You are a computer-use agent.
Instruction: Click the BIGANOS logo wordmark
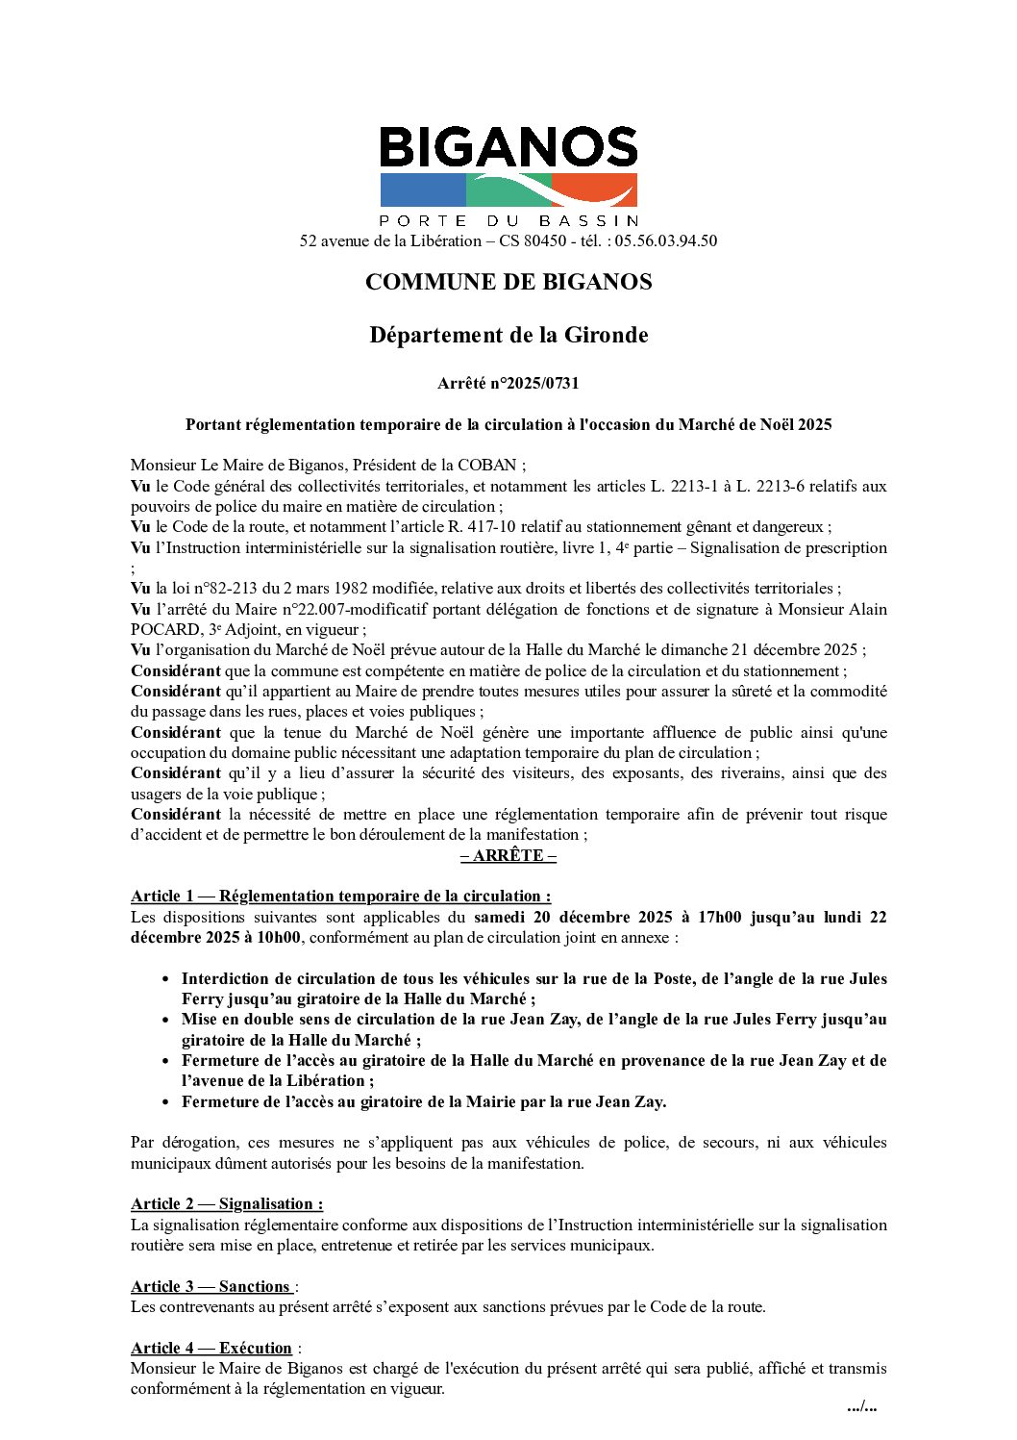click(508, 148)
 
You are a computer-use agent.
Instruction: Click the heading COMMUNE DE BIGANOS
click(508, 283)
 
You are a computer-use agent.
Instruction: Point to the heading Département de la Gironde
click(508, 336)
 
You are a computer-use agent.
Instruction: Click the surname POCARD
click(163, 630)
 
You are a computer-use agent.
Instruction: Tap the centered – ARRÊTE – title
click(508, 855)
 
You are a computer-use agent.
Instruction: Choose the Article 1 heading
click(340, 897)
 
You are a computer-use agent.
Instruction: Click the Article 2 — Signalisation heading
click(227, 1204)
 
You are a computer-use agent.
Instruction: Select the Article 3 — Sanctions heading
click(211, 1287)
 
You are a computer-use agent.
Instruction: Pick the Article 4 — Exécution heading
click(211, 1349)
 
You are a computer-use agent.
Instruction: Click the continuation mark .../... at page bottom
click(861, 1407)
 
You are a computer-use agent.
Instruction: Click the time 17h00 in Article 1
click(720, 918)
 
